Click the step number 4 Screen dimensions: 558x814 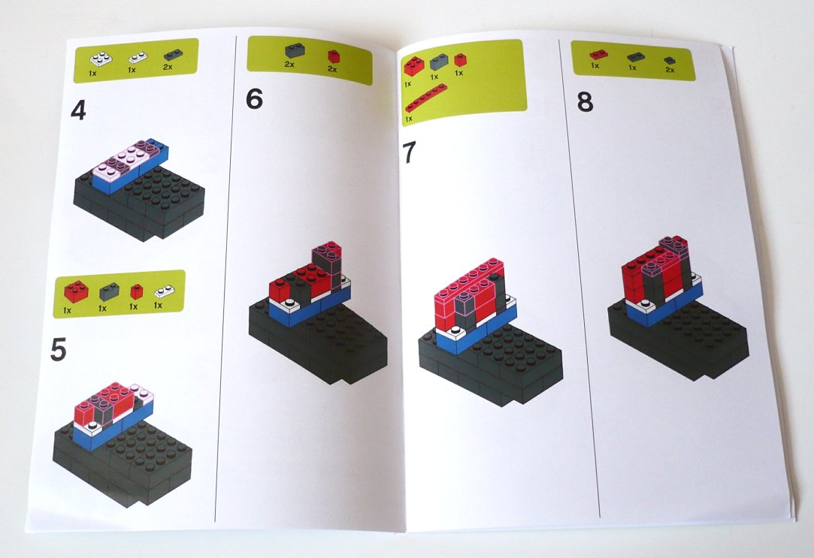point(78,111)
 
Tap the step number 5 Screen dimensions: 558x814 point(59,350)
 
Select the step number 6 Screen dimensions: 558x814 point(255,99)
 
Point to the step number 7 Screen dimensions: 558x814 point(409,152)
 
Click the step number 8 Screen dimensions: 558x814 point(586,102)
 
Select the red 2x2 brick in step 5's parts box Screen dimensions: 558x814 point(75,289)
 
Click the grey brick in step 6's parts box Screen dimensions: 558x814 point(293,53)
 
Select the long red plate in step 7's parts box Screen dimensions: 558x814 point(425,98)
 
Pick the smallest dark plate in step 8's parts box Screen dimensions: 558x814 point(668,59)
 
